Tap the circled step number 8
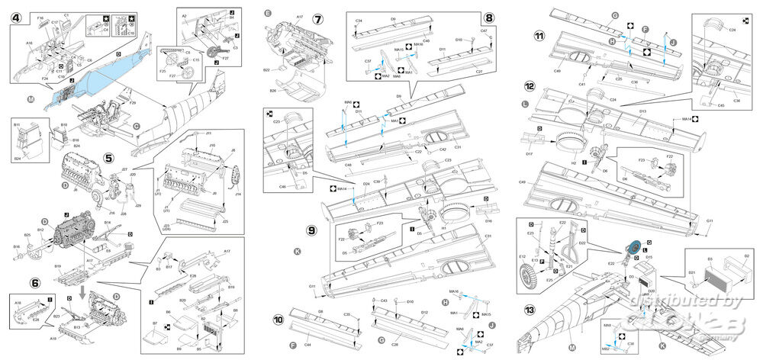click(489, 18)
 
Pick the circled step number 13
click(527, 310)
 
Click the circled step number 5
click(109, 160)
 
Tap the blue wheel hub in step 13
click(633, 249)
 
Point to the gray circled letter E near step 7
click(267, 13)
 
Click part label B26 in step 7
click(272, 91)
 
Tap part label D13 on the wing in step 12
click(642, 111)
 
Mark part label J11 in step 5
click(207, 133)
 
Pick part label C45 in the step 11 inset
click(721, 106)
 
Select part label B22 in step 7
click(265, 69)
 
